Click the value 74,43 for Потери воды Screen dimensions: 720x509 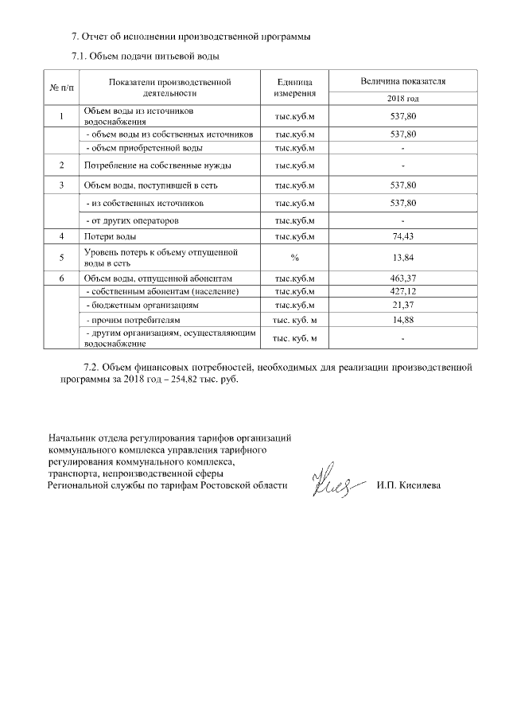coord(403,237)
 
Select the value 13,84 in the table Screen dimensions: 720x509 coord(403,258)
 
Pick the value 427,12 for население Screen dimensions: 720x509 coord(403,292)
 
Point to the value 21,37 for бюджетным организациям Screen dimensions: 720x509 coord(403,306)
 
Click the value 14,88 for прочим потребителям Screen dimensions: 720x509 coord(403,320)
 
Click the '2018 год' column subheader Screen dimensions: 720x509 coord(403,99)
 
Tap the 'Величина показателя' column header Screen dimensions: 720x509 coord(403,81)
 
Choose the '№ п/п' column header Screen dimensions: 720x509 coord(62,87)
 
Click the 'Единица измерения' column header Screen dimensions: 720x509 coord(294,88)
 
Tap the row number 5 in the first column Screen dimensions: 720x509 coord(62,258)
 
